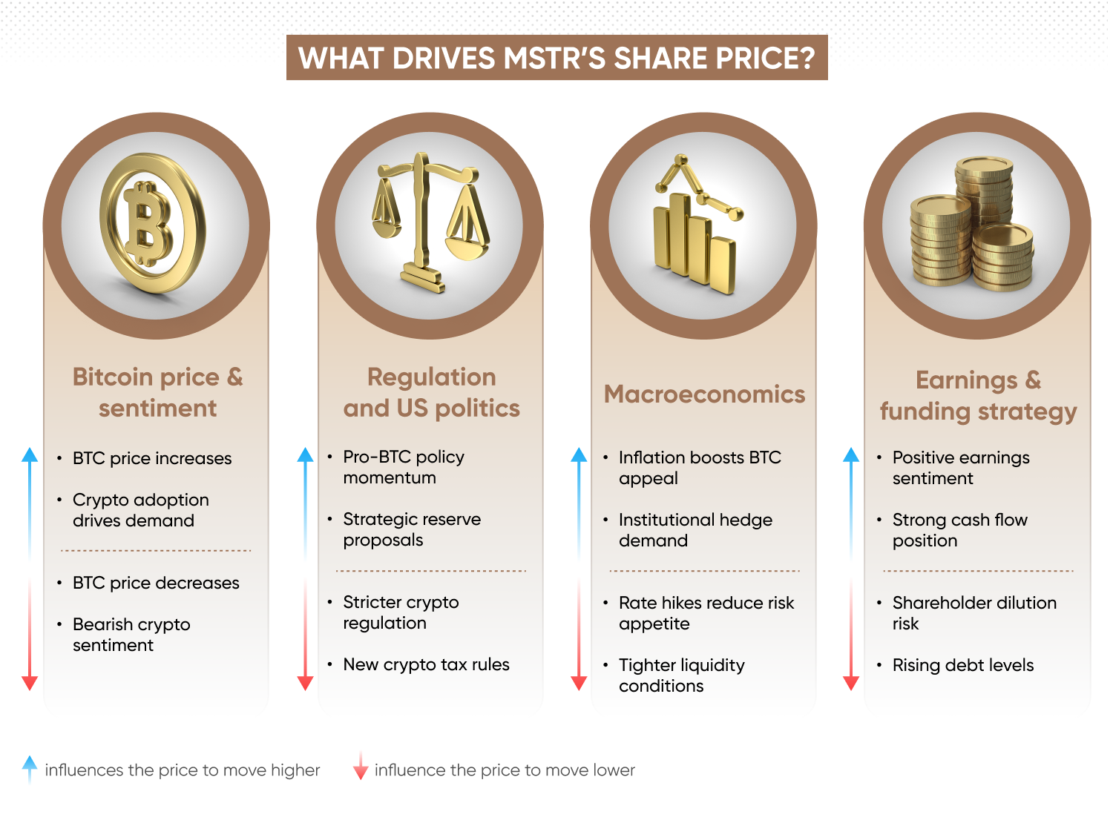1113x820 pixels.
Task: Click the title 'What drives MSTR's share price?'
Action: pyautogui.click(x=556, y=58)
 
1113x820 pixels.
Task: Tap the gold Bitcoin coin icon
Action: pyautogui.click(x=152, y=224)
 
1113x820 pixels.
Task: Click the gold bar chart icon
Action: pyautogui.click(x=696, y=226)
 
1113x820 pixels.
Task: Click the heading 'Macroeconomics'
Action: pyautogui.click(x=704, y=394)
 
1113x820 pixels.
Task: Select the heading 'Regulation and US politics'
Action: pyautogui.click(x=431, y=392)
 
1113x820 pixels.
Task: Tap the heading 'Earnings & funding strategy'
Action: pyautogui.click(x=978, y=395)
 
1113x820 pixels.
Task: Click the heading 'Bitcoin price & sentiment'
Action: pyautogui.click(x=157, y=392)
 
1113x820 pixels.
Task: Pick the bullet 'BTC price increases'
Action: pyautogui.click(x=152, y=458)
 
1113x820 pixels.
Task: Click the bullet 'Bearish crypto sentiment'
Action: pyautogui.click(x=131, y=635)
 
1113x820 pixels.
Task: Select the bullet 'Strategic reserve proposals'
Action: pyautogui.click(x=412, y=529)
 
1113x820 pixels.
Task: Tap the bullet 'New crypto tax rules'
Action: pyautogui.click(x=426, y=664)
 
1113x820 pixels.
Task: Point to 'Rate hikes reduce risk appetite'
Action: pyautogui.click(x=706, y=613)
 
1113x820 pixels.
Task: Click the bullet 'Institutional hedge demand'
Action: pyautogui.click(x=695, y=530)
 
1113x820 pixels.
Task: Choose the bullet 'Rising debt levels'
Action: pyautogui.click(x=962, y=665)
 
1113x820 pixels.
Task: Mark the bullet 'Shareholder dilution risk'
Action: pyautogui.click(x=974, y=613)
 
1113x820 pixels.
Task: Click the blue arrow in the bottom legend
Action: pyautogui.click(x=29, y=769)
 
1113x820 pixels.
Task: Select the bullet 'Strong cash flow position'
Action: pyautogui.click(x=959, y=530)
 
